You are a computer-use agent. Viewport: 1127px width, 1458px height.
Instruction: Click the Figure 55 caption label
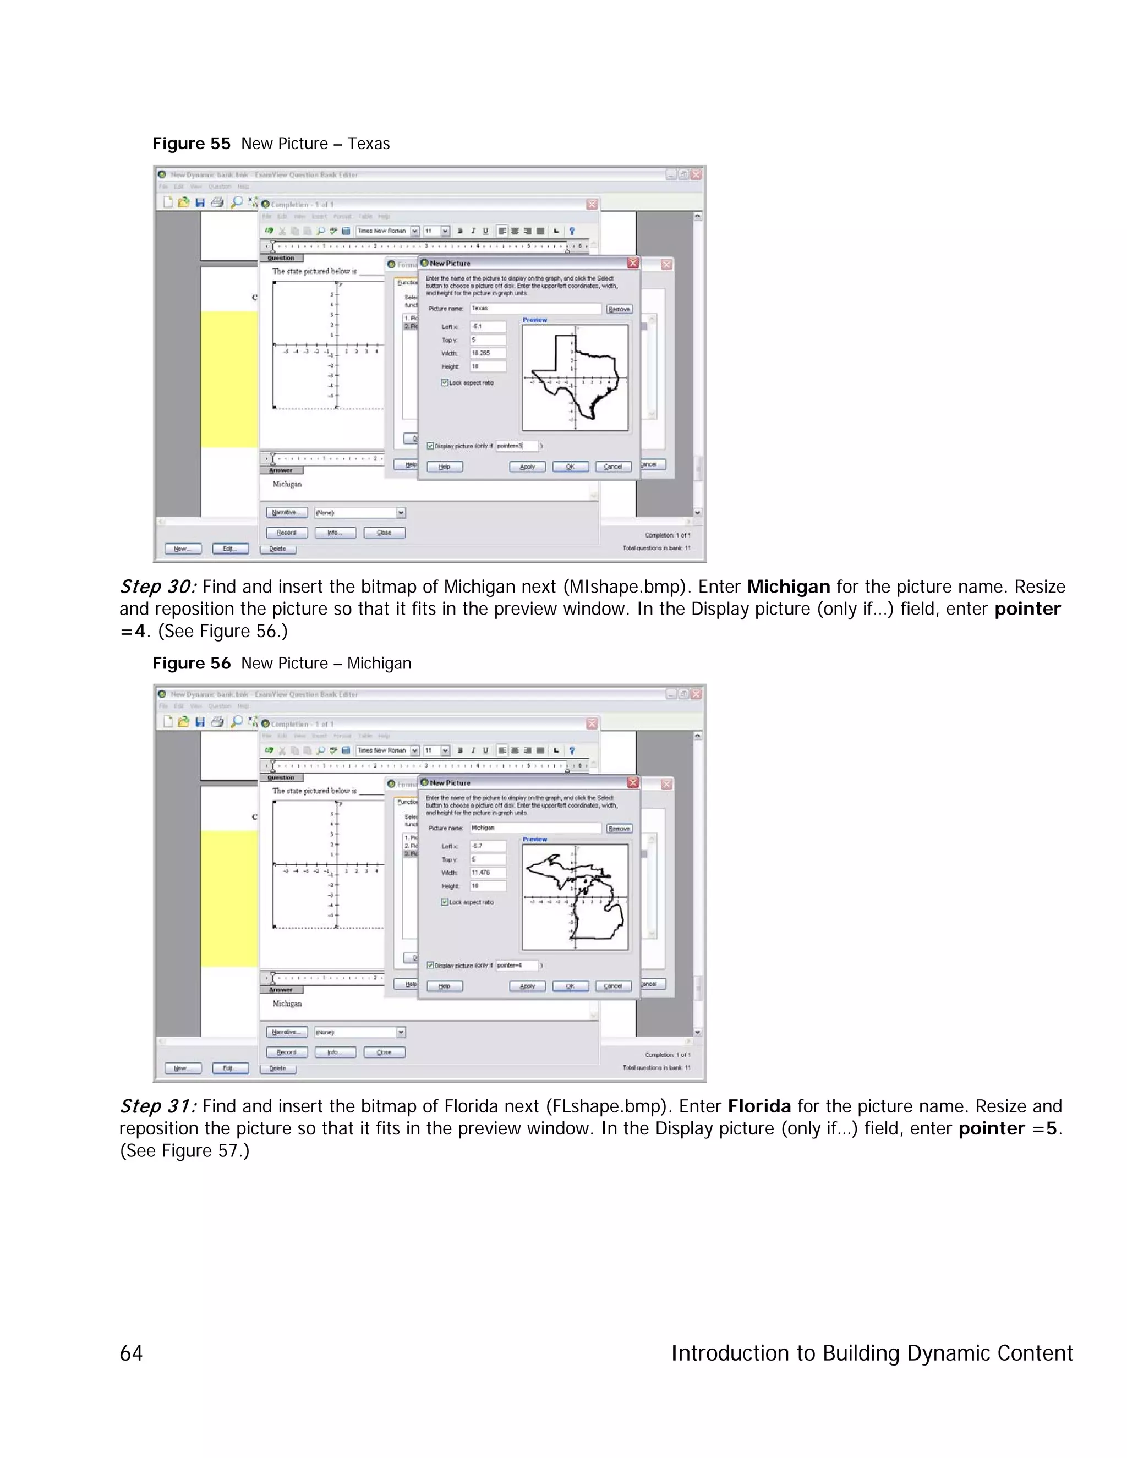(191, 144)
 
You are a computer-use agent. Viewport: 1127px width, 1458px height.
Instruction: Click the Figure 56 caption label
(191, 663)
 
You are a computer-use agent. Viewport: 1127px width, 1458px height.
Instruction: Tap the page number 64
(131, 1353)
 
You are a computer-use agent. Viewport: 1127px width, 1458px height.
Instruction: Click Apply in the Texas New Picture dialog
(527, 467)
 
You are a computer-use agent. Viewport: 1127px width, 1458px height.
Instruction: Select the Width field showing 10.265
(488, 353)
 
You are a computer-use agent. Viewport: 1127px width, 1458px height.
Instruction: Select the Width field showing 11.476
(488, 873)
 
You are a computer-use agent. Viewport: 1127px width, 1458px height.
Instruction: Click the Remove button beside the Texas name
(619, 309)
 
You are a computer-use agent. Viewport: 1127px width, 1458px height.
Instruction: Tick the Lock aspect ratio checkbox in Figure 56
(444, 902)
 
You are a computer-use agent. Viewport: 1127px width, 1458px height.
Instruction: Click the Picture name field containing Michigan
(535, 828)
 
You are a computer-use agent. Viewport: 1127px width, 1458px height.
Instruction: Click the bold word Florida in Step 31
(759, 1106)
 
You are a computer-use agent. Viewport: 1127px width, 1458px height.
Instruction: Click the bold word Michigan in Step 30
(788, 587)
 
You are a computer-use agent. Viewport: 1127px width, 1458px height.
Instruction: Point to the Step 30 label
(157, 587)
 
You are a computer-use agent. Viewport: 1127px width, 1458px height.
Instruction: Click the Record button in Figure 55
(286, 533)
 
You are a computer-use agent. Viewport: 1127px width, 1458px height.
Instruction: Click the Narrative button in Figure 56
(286, 1032)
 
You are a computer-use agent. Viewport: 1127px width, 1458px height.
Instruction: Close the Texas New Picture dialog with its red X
(633, 263)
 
